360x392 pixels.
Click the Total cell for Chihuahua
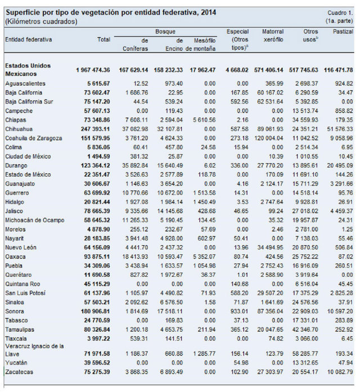[x=95, y=129]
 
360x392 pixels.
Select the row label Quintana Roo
[x=22, y=284]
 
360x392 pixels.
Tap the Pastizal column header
[x=343, y=31]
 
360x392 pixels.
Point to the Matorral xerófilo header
[x=273, y=36]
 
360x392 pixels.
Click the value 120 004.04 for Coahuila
[x=269, y=138]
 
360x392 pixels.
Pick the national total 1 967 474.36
[x=93, y=70]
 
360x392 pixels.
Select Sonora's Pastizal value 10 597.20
[x=340, y=311]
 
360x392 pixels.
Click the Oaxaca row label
[x=15, y=257]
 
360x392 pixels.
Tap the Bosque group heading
[x=165, y=31]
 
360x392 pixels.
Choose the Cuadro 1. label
[x=340, y=13]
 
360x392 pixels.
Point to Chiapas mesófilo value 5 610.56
[x=204, y=120]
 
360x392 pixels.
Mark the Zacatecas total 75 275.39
[x=97, y=372]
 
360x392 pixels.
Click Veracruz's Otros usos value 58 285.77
[x=305, y=354]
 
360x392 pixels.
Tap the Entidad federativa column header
[x=29, y=39]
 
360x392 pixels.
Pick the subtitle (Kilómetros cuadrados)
[x=41, y=21]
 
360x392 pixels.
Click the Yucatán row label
[x=16, y=363]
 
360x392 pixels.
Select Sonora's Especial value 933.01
[x=240, y=311]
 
